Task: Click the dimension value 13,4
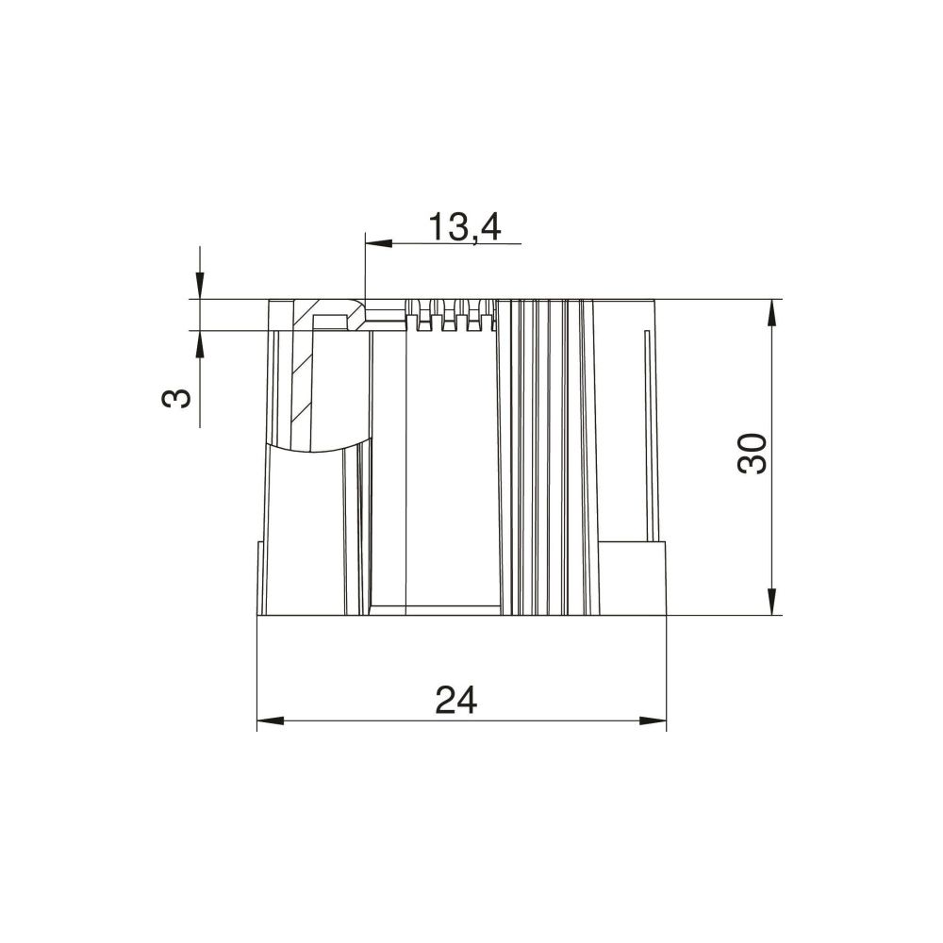464,227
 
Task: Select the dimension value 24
456,700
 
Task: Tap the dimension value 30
753,454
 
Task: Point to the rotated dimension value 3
177,398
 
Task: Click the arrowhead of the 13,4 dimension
378,243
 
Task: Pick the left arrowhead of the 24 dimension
270,720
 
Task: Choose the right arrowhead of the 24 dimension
653,720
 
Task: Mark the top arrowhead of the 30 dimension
773,313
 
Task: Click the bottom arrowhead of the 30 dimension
773,601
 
